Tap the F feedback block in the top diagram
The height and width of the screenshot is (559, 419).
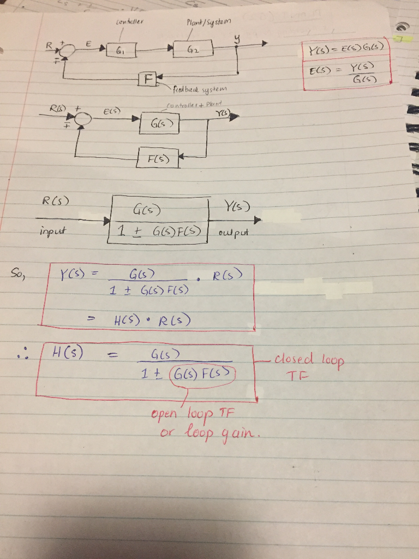coord(147,79)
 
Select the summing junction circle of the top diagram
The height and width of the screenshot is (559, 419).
coord(67,50)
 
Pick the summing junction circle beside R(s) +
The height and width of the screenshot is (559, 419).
coord(83,118)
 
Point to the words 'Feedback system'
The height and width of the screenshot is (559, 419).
coord(199,90)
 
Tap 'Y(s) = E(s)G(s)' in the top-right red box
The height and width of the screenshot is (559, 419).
coord(346,47)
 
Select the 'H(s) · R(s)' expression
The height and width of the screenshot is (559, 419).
coord(152,320)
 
